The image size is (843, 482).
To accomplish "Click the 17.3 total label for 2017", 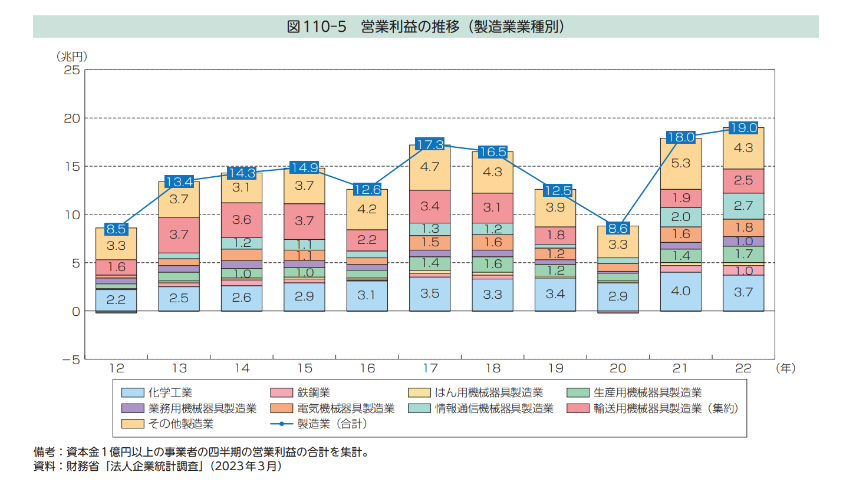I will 430,145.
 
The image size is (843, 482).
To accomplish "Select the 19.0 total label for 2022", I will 743,127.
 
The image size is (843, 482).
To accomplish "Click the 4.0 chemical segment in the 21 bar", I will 680,292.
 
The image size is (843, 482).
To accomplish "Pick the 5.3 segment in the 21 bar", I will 680,163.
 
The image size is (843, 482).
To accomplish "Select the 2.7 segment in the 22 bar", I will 743,206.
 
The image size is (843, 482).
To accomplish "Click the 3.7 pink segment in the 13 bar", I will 179,234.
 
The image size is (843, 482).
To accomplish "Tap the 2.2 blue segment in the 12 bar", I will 116,299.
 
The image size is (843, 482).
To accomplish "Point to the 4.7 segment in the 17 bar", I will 430,167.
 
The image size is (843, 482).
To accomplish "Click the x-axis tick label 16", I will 367,368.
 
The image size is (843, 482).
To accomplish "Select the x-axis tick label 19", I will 555,368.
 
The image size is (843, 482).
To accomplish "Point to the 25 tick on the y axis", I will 72,70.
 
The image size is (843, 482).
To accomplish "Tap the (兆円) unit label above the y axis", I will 72,57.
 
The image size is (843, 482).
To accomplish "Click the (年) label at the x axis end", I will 785,368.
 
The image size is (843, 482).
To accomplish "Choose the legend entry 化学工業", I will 170,392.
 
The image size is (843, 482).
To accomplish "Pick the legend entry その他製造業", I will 180,423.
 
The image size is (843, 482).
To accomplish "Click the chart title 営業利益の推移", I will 425,27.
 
